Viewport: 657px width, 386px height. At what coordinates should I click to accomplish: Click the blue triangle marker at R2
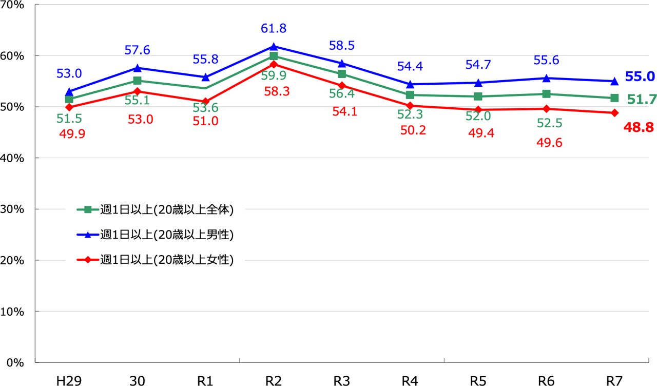tap(274, 46)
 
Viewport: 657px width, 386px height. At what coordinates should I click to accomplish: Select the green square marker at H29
tap(69, 99)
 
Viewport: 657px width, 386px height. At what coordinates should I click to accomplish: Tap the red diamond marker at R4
tap(410, 106)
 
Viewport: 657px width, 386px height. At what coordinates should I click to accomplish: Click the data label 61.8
tap(274, 29)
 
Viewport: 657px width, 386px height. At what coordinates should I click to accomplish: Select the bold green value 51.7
tap(642, 100)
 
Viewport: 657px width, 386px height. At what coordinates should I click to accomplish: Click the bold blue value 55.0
tap(639, 77)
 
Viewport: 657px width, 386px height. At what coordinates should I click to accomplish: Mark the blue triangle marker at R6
tap(546, 78)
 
